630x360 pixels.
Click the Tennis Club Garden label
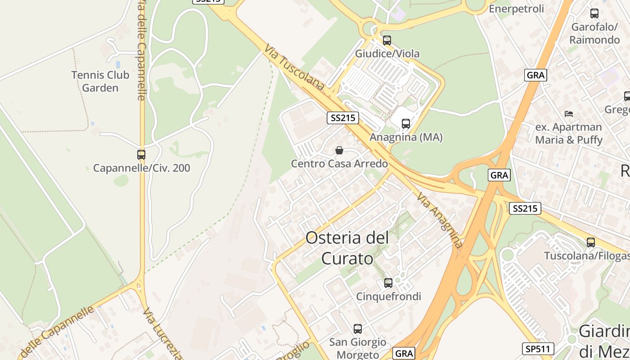(x=100, y=81)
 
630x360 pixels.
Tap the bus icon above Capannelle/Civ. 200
(x=141, y=155)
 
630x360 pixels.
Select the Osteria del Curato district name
(x=347, y=248)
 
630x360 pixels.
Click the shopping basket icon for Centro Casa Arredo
(x=339, y=150)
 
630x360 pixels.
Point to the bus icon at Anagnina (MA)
(x=406, y=123)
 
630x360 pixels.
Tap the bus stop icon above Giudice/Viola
(x=387, y=40)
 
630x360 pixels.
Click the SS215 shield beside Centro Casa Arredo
(x=342, y=118)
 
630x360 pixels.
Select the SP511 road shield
(x=538, y=348)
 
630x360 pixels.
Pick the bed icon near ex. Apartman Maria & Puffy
(x=569, y=113)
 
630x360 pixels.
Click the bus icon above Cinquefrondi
(x=388, y=283)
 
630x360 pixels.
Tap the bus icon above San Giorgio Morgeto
(x=358, y=329)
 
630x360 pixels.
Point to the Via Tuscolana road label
(x=294, y=67)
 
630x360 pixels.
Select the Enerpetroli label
(x=516, y=9)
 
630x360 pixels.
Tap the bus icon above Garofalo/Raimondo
(x=594, y=13)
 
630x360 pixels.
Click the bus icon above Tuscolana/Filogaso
(x=591, y=243)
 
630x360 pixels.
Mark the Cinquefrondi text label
(x=389, y=297)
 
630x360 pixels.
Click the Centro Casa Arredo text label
(x=339, y=163)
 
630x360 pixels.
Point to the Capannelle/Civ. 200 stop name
(x=141, y=168)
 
